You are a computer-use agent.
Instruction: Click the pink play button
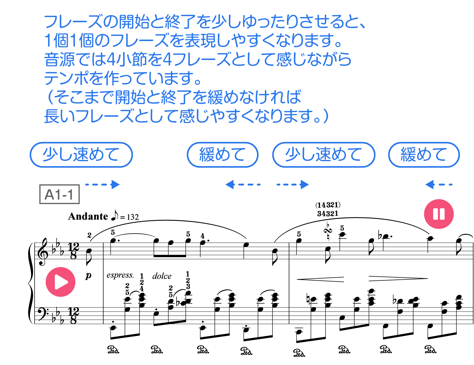click(x=60, y=282)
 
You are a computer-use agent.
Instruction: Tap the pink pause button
click(x=439, y=214)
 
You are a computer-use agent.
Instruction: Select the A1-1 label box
click(x=59, y=195)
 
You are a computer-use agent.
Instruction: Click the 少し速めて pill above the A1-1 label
click(x=81, y=155)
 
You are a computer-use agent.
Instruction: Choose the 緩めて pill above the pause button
click(x=424, y=155)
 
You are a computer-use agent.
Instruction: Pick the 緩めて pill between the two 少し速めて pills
click(x=222, y=155)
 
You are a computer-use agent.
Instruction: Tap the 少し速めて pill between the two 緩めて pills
click(x=323, y=155)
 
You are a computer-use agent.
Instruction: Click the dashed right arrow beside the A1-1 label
click(x=103, y=185)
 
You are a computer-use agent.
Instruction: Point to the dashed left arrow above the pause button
click(x=438, y=185)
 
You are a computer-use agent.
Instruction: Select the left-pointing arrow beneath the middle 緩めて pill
click(x=242, y=185)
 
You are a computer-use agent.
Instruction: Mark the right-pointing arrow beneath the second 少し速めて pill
click(x=293, y=185)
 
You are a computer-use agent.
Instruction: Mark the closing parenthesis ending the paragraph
click(x=326, y=116)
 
